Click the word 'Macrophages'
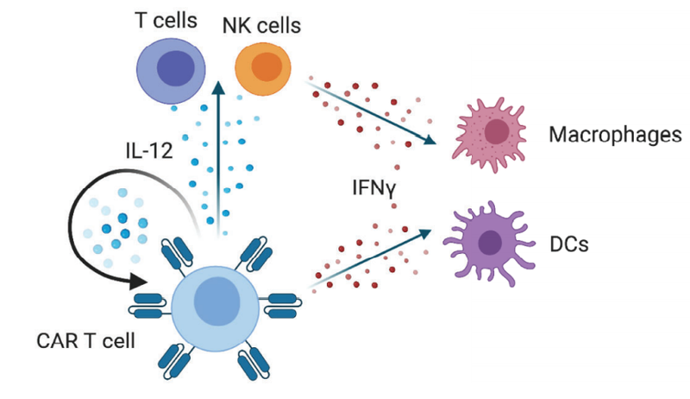click(615, 135)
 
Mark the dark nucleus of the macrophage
click(497, 130)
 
